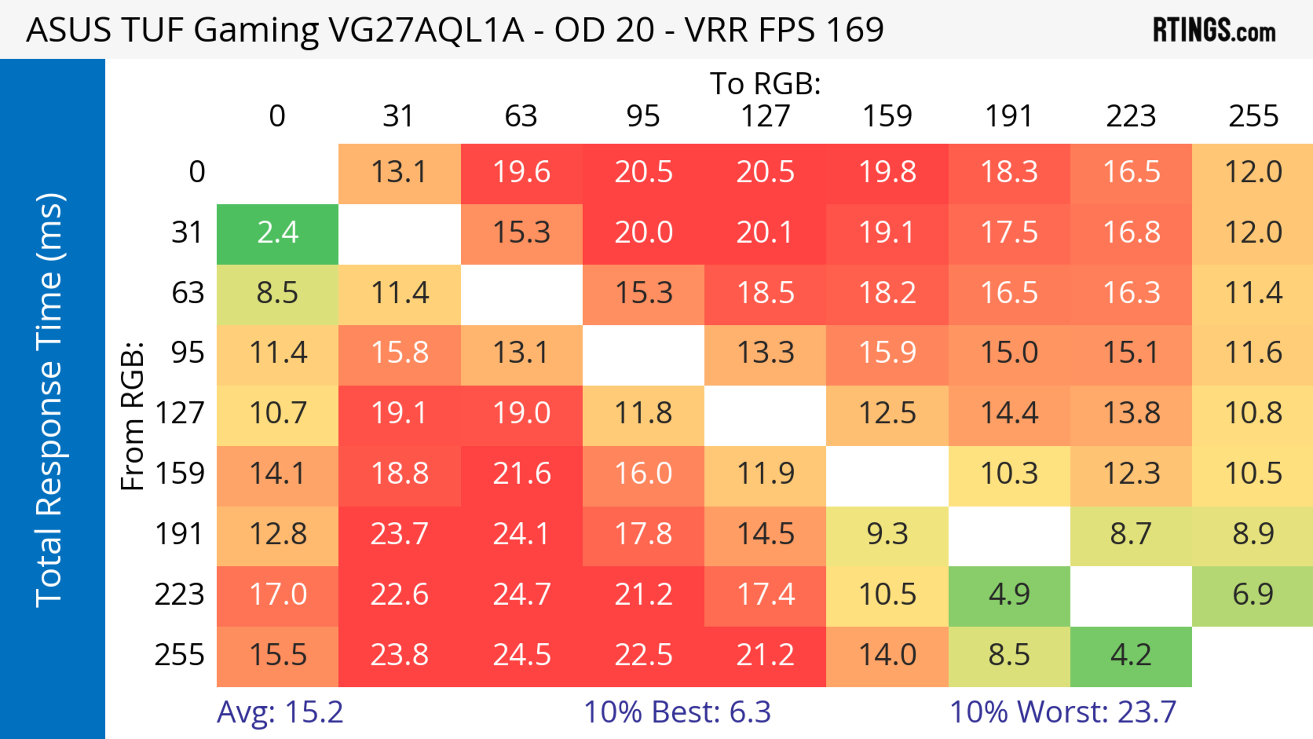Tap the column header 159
point(887,116)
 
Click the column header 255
point(1253,116)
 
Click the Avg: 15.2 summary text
point(280,712)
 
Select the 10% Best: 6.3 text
point(677,712)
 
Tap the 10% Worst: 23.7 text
point(1063,712)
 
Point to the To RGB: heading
point(765,83)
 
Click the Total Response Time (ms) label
point(50,400)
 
